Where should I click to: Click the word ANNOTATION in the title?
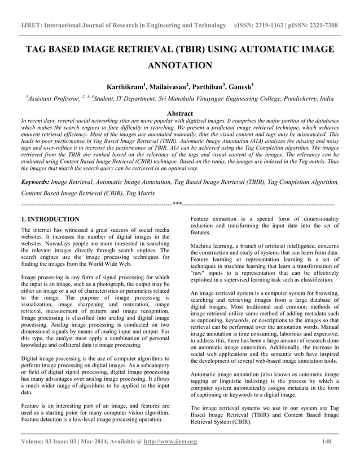click(179, 65)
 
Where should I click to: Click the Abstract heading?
click(179, 113)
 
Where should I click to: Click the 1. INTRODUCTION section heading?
click(50, 219)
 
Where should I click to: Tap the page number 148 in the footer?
click(326, 441)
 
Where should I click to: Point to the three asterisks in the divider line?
click(177, 203)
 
